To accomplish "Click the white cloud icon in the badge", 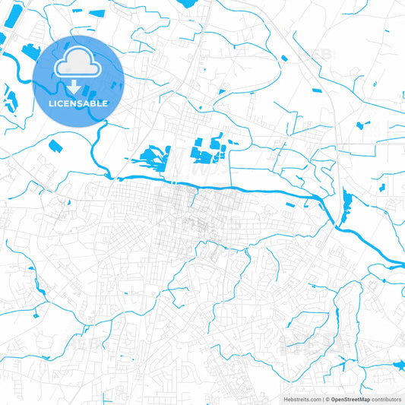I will (78, 63).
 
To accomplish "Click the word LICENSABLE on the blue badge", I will (78, 103).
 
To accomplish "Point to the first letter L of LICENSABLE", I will (51, 103).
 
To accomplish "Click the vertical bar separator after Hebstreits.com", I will (323, 398).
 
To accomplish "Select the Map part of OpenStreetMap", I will (364, 398).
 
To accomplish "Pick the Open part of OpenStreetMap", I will (340, 398).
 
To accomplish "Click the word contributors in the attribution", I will (388, 398).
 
